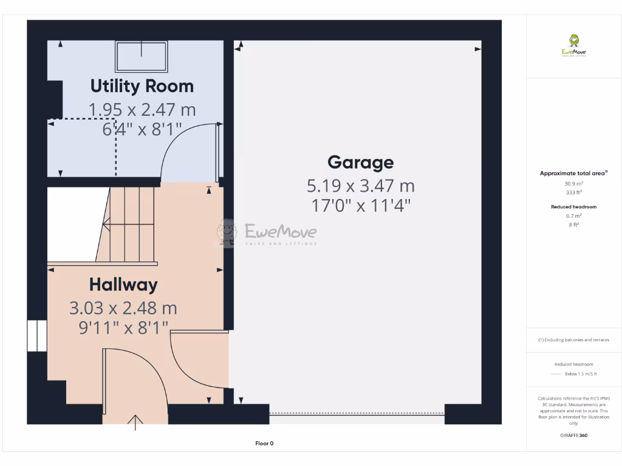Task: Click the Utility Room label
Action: (142, 86)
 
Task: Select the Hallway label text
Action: (123, 285)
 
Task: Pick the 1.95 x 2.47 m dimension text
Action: (142, 110)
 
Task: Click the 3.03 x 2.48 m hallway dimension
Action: (123, 308)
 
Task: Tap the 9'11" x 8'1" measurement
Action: (123, 328)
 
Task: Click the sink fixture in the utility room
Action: (141, 56)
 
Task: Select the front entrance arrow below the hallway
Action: (135, 422)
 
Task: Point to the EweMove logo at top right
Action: (574, 46)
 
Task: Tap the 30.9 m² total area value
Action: (574, 183)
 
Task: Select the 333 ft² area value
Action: (574, 192)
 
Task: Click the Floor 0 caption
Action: (264, 444)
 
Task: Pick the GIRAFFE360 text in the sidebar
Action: (574, 435)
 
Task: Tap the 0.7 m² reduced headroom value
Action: (574, 215)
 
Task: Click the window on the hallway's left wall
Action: (37, 336)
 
